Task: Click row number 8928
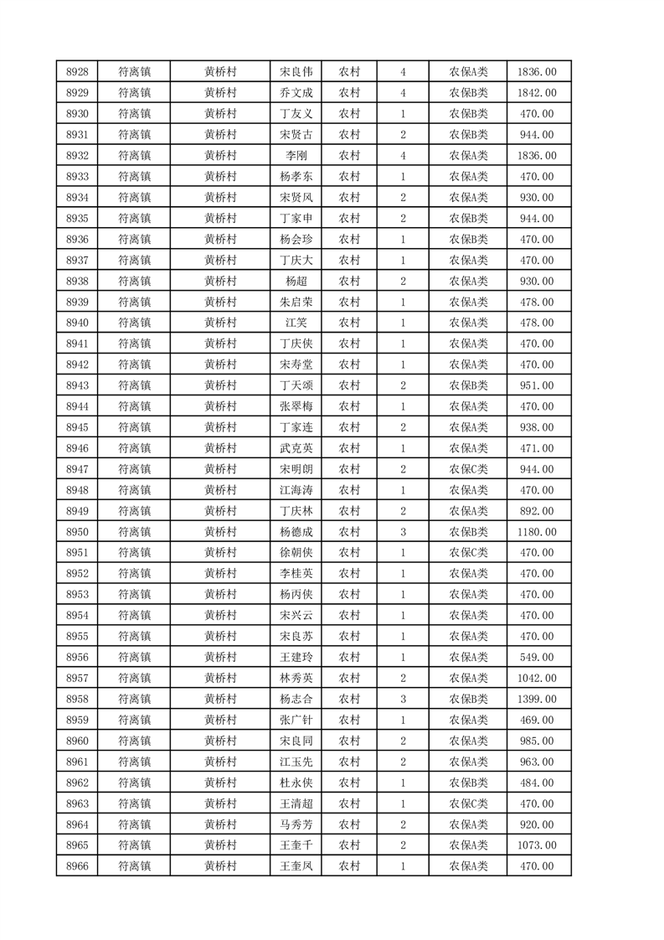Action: pos(78,72)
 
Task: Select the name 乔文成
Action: pos(296,93)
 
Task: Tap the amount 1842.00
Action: pos(538,93)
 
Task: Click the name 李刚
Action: pos(296,156)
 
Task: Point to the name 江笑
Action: pos(296,323)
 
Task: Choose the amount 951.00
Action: pos(538,385)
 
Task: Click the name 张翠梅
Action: pos(296,406)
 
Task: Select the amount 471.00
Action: pos(538,448)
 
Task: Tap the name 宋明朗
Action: pos(296,469)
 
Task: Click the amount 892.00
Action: pos(538,511)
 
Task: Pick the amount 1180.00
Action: pos(538,532)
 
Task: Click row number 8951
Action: pos(78,553)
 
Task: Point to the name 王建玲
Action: pos(296,657)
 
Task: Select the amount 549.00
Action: pos(538,657)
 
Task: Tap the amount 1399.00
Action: pos(538,699)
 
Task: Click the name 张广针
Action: pos(296,720)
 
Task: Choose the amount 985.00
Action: pos(538,741)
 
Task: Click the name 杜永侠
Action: pos(296,782)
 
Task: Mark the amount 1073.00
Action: pos(538,845)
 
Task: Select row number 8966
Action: pos(78,866)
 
